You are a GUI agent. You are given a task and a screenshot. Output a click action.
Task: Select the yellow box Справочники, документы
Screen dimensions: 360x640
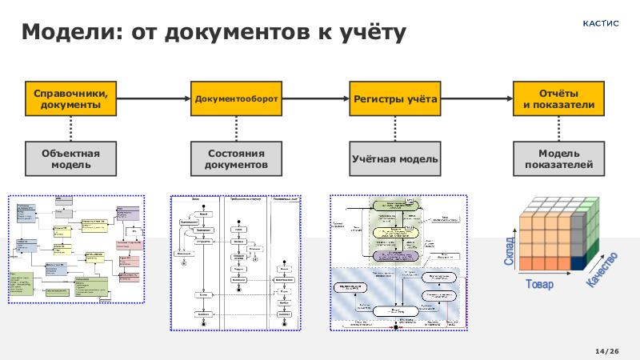(x=71, y=98)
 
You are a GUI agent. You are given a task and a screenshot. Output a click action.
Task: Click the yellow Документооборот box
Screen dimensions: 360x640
(x=237, y=99)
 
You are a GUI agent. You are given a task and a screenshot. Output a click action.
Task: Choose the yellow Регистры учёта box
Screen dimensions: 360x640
(x=395, y=99)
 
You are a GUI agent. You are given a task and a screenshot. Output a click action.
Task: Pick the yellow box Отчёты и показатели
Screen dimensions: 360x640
(x=558, y=98)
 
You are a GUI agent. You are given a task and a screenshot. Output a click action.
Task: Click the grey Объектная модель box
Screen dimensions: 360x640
(x=71, y=158)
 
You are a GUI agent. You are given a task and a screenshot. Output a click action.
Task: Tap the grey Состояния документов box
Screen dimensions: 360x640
(x=237, y=158)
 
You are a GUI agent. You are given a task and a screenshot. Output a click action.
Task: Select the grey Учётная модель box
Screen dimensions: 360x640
(x=395, y=158)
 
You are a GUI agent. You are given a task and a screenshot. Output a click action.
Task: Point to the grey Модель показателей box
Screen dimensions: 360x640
(x=558, y=158)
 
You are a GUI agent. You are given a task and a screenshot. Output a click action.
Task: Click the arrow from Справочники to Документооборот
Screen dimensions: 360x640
(x=154, y=99)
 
